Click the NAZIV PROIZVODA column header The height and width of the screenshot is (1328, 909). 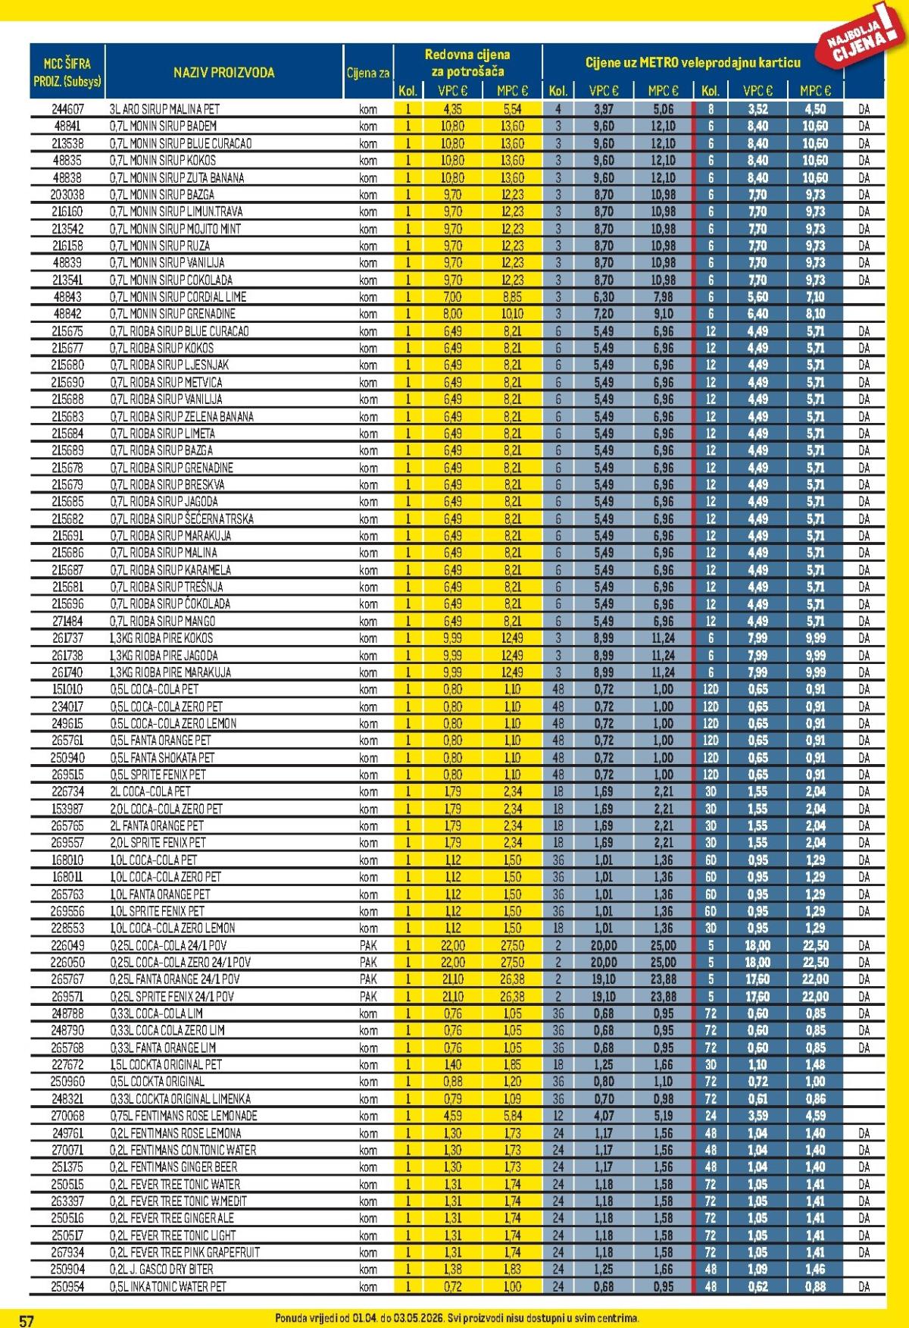223,73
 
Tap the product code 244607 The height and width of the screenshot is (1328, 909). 67,109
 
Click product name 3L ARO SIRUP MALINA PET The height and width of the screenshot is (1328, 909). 165,109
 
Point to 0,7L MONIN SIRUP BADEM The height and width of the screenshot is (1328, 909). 164,126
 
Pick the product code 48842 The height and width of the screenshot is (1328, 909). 67,314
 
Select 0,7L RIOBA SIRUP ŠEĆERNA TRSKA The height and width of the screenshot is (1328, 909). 182,519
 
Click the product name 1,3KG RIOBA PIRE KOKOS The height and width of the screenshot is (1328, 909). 161,638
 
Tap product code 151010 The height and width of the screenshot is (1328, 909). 67,690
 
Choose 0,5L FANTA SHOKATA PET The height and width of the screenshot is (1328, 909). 162,758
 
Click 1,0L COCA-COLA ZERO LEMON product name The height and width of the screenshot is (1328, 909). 173,929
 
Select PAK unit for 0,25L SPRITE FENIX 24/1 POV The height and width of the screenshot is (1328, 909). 368,997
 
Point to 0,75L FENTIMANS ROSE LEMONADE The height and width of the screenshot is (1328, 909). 183,1116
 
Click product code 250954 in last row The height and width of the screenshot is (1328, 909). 67,1287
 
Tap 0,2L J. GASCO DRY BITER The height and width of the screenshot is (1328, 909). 161,1270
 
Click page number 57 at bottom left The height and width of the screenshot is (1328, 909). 27,1320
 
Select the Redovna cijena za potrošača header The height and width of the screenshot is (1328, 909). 467,63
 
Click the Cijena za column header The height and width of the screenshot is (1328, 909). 368,73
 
